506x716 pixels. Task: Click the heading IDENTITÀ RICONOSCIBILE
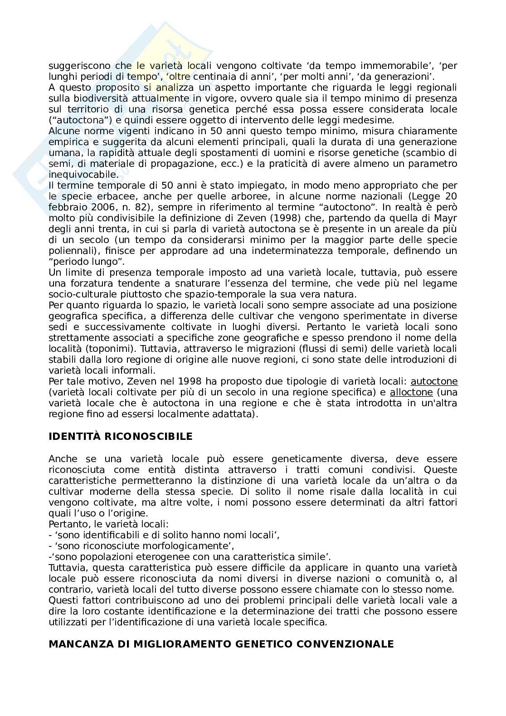click(x=120, y=437)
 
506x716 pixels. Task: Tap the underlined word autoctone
click(x=434, y=381)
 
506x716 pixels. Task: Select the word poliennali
click(x=70, y=251)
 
